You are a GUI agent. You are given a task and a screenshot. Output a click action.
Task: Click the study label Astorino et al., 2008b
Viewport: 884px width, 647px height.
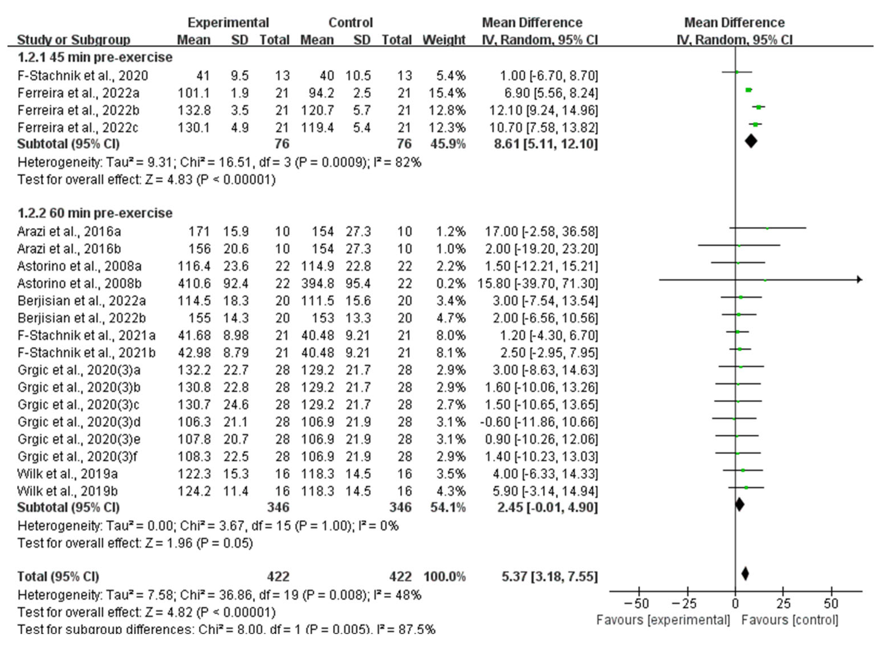[x=79, y=283]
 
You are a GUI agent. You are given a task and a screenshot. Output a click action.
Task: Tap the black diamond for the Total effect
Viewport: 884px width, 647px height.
[x=745, y=574]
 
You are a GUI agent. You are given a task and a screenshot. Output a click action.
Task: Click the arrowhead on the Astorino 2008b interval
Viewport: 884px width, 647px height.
[x=859, y=279]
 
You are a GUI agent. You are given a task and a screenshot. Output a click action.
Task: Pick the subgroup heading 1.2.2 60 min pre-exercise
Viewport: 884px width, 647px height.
[x=95, y=213]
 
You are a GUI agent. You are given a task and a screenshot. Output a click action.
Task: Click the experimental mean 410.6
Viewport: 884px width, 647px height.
[x=194, y=283]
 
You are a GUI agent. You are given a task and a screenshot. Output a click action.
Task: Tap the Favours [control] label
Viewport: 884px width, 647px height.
[x=790, y=620]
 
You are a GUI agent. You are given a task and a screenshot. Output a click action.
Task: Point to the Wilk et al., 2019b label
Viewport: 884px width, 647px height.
[x=67, y=491]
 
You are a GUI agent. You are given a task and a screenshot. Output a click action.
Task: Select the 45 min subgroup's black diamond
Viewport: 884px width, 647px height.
[x=750, y=141]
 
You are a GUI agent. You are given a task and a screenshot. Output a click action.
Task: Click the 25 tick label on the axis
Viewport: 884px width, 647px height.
[x=783, y=603]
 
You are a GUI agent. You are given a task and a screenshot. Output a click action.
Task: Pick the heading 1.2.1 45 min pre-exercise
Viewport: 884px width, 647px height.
[x=95, y=57]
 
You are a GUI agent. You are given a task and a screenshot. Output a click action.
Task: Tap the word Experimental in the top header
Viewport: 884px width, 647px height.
[x=228, y=23]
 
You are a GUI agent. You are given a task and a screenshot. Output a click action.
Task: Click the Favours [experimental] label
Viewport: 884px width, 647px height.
[x=663, y=620]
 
